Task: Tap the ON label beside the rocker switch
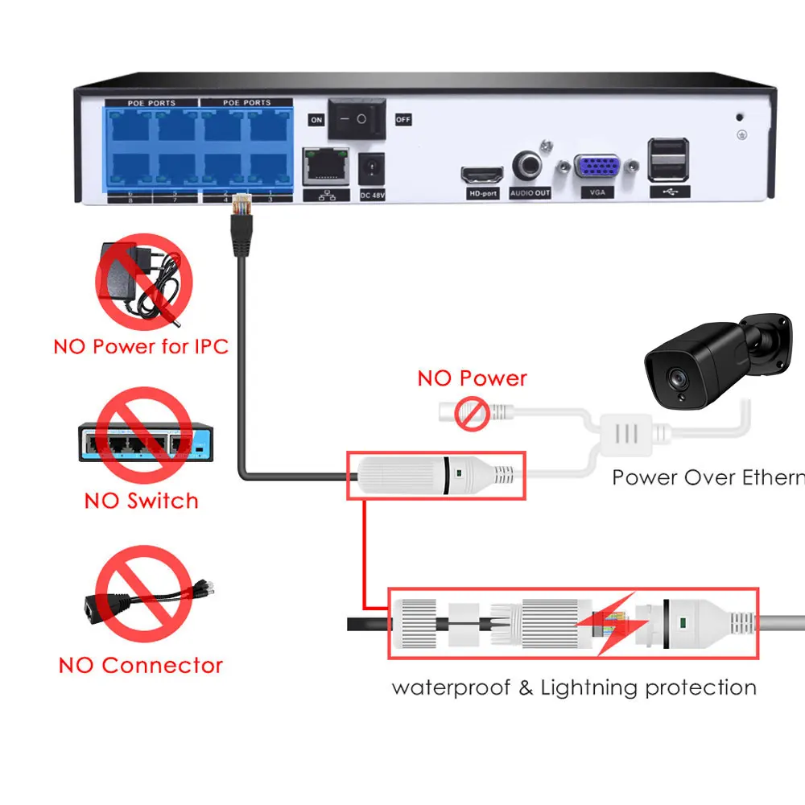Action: [x=316, y=120]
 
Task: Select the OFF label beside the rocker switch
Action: [x=402, y=120]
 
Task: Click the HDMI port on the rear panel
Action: [x=481, y=174]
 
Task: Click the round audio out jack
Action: [x=530, y=166]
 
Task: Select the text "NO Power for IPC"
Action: [x=141, y=347]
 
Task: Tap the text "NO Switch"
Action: [x=141, y=501]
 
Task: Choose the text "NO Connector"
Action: [x=141, y=666]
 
